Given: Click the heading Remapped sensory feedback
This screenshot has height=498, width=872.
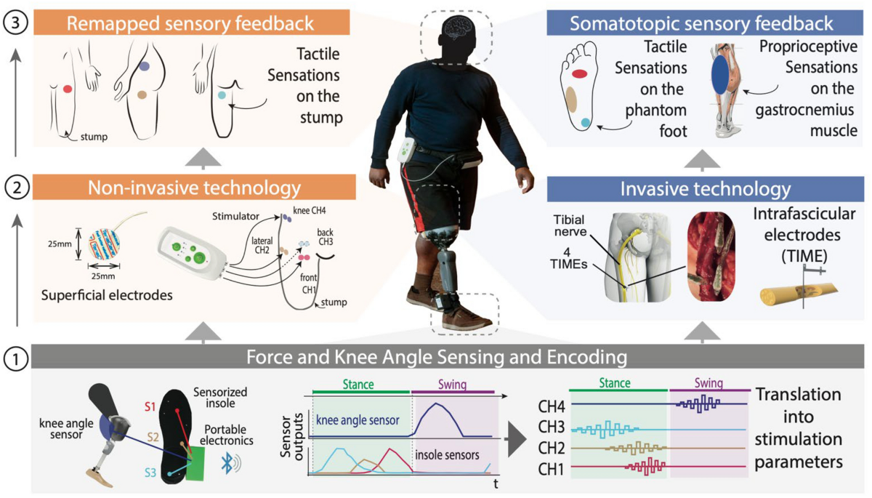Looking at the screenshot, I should point(190,23).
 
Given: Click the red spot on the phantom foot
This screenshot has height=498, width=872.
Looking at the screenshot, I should point(579,73).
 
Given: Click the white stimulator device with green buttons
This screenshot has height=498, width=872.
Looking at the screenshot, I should point(188,252).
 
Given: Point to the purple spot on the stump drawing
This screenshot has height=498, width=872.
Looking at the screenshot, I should point(145,65).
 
